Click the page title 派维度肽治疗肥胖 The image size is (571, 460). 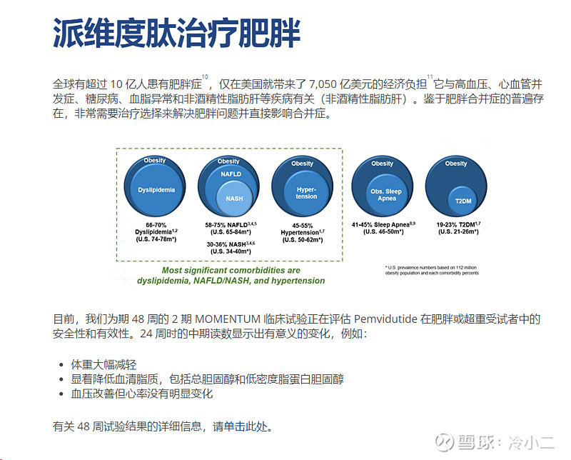tap(176, 33)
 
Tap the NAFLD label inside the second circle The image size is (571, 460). tap(230, 174)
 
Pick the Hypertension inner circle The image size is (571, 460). tap(306, 192)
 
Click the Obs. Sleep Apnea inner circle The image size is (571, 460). tap(386, 194)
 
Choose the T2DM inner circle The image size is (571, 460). tap(464, 201)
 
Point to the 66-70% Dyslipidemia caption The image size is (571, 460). tap(156, 231)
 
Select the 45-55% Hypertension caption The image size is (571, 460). tap(303, 231)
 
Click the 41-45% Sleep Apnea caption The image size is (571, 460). tap(384, 228)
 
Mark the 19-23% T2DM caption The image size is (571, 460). tap(458, 228)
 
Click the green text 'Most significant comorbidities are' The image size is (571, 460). tap(231, 271)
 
